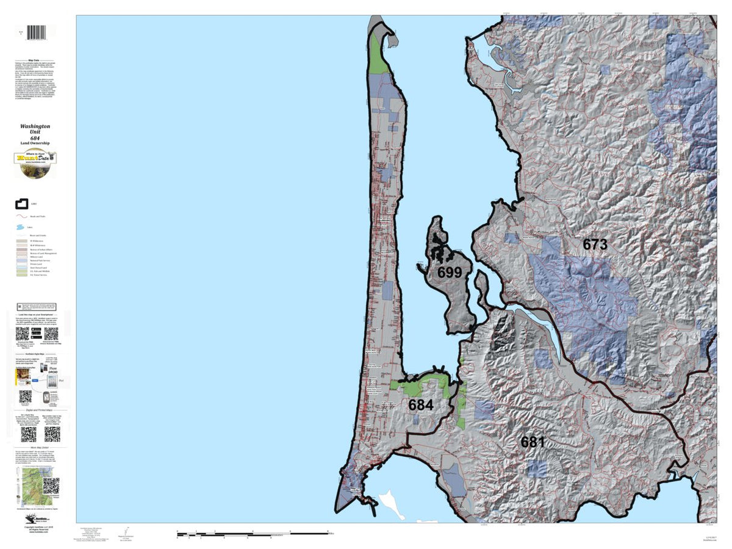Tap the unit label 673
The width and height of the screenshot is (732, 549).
tap(594, 245)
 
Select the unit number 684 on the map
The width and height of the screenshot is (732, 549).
tap(421, 405)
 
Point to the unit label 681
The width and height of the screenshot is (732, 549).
tap(532, 442)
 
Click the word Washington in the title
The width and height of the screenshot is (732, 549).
tap(35, 126)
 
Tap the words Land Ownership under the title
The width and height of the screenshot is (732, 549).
tap(35, 143)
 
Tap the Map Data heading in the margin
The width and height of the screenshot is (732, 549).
tap(35, 60)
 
